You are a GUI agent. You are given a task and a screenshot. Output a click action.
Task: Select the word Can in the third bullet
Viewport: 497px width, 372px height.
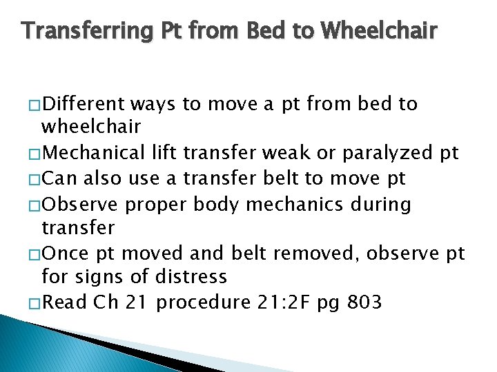coord(59,179)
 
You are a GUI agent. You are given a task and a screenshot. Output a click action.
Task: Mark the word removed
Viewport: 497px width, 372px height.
coord(315,254)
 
